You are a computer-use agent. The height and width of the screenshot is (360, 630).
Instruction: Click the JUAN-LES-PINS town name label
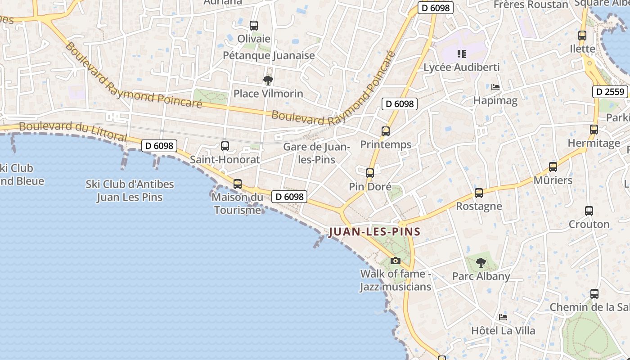(375, 232)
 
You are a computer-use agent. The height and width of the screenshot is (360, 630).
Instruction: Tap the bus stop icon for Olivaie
(254, 26)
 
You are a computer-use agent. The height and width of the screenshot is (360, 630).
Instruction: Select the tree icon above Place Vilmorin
(268, 81)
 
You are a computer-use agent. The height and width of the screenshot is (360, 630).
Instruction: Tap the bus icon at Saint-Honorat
(225, 146)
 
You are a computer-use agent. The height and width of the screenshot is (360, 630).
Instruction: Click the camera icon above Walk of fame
(396, 261)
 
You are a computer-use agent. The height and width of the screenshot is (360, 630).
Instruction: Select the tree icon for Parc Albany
(481, 263)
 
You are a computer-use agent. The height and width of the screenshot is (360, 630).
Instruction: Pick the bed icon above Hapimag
(495, 87)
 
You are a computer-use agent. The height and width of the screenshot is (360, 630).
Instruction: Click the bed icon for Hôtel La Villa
(503, 317)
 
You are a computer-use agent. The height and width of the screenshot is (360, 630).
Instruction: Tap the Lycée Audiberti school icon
(462, 54)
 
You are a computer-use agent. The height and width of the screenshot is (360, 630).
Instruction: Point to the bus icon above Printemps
(386, 131)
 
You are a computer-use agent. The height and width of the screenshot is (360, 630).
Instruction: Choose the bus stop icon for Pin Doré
(370, 173)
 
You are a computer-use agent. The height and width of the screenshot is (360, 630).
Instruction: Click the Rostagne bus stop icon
(479, 193)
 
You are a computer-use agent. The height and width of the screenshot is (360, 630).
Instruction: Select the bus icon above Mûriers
(553, 167)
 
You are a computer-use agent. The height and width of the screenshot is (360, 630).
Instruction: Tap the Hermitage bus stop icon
(594, 130)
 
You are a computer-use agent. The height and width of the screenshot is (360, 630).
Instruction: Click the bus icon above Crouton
(589, 211)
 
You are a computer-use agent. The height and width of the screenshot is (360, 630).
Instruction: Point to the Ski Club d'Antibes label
(130, 190)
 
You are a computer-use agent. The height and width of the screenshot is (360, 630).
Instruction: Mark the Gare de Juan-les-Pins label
(316, 153)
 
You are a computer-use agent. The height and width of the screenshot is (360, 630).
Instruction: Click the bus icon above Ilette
(582, 35)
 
